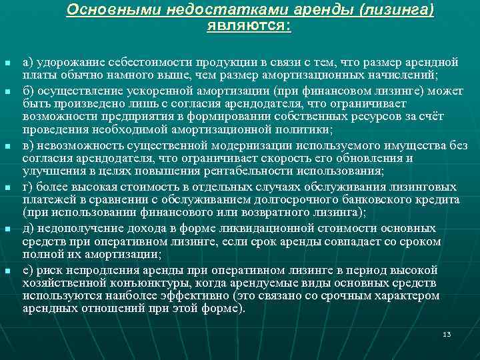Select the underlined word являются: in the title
click(249, 27)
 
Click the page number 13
click(447, 334)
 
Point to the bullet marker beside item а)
click(7, 63)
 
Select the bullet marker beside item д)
click(7, 229)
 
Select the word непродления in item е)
click(101, 270)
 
